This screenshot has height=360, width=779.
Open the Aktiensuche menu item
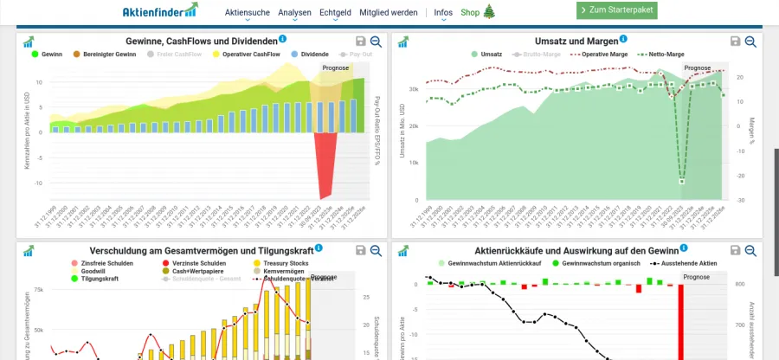coord(248,13)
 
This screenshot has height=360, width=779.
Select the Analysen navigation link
coord(295,13)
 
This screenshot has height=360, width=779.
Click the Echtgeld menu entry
coord(335,13)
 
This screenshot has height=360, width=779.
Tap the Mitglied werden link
coord(388,13)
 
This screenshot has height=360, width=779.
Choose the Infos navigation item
coord(443,13)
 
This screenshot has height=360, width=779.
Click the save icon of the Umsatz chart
coord(735,42)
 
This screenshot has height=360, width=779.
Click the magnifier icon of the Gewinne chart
coord(376,42)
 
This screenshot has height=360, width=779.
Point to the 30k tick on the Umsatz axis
coord(413,89)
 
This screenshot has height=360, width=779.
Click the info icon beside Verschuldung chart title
coord(319,248)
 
